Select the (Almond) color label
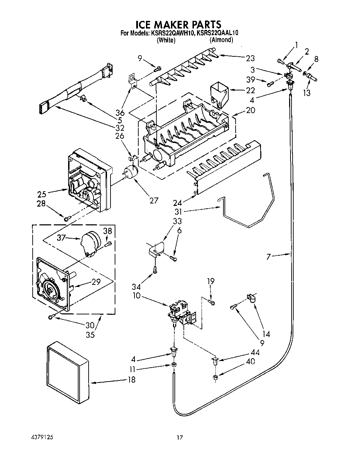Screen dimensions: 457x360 tap(221, 40)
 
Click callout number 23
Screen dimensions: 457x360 tap(250, 58)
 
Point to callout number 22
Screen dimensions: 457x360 tap(250, 90)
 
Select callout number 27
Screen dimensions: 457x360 tap(153, 200)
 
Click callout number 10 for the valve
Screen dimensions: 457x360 tap(138, 295)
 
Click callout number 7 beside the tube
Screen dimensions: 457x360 tap(268, 257)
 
